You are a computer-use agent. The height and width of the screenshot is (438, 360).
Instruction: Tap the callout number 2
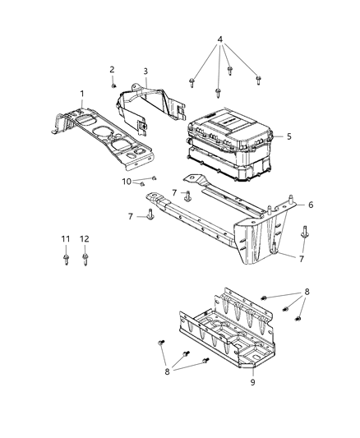112,69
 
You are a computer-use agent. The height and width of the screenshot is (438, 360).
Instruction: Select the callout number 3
145,71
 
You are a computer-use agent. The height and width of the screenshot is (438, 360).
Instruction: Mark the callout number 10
127,180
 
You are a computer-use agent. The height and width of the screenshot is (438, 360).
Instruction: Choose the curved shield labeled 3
152,107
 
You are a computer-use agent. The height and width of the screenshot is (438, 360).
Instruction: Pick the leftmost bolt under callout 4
191,81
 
